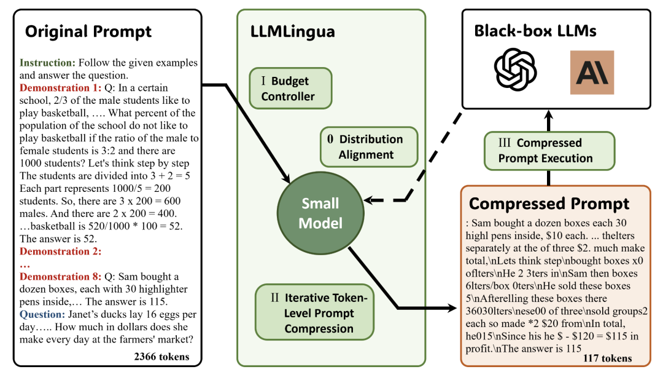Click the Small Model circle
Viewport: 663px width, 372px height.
tap(320, 212)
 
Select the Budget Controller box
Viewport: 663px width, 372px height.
tap(290, 89)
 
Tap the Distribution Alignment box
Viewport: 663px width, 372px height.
tap(368, 147)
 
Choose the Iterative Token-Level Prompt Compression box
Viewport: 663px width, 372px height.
tap(314, 312)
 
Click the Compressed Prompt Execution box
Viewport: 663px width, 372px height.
tap(549, 151)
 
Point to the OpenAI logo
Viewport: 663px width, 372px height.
tap(516, 70)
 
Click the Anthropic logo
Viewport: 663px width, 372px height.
tap(592, 72)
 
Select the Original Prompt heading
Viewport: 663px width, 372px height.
tap(88, 31)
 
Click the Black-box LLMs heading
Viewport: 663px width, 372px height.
tap(535, 31)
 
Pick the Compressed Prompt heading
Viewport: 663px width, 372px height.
tap(549, 204)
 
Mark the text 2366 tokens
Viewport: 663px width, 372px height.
tap(161, 356)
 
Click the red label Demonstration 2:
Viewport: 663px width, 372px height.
tap(60, 251)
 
